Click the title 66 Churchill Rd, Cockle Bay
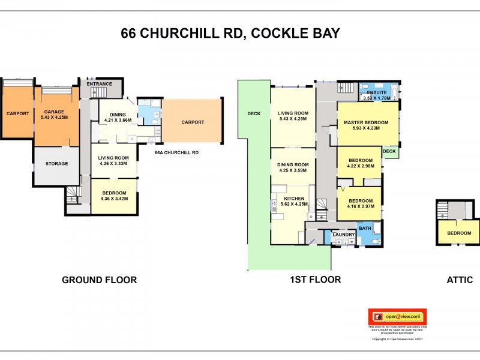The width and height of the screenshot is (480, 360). pyautogui.click(x=230, y=33)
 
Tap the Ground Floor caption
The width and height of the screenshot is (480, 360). pyautogui.click(x=100, y=280)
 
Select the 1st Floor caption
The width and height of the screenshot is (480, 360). pyautogui.click(x=315, y=279)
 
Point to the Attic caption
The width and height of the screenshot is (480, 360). pyautogui.click(x=460, y=280)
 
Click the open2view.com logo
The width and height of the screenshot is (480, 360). pyautogui.click(x=397, y=316)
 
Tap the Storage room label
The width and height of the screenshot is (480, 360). pyautogui.click(x=56, y=163)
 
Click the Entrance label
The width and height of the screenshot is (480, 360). pyautogui.click(x=100, y=84)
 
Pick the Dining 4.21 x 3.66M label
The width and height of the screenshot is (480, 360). pyautogui.click(x=118, y=117)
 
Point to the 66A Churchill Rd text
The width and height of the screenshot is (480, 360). pyautogui.click(x=176, y=152)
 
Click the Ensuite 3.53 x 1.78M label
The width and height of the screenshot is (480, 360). pyautogui.click(x=376, y=95)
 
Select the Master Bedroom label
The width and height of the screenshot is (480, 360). pyautogui.click(x=366, y=125)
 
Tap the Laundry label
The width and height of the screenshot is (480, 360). pyautogui.click(x=344, y=235)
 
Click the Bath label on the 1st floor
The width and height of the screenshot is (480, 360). pyautogui.click(x=365, y=228)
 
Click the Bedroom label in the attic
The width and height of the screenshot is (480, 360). pyautogui.click(x=458, y=233)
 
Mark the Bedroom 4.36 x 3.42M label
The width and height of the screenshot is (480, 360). pyautogui.click(x=113, y=196)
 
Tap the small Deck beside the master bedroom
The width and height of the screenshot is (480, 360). pyautogui.click(x=389, y=151)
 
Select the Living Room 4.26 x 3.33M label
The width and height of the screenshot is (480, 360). pyautogui.click(x=113, y=160)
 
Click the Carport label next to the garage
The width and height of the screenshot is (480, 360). pyautogui.click(x=17, y=113)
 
